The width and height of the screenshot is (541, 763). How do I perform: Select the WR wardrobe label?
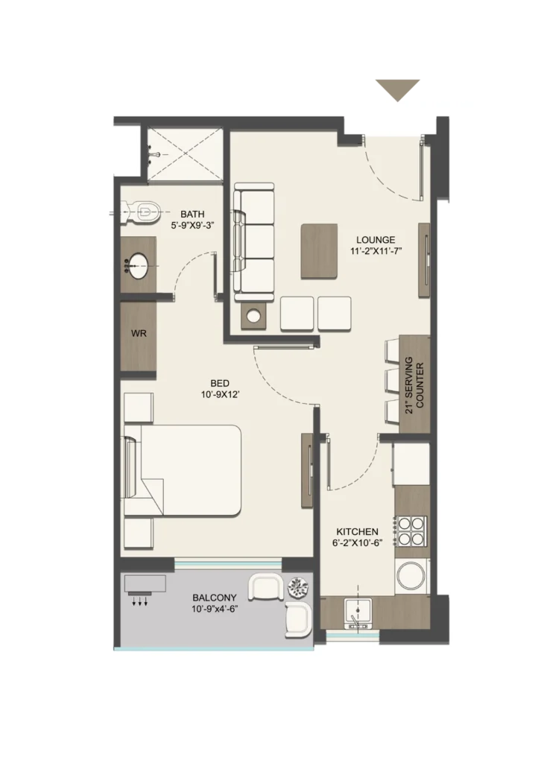pyautogui.click(x=139, y=334)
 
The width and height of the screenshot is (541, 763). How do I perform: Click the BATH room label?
pyautogui.click(x=193, y=214)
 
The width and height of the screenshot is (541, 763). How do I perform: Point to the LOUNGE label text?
pyautogui.click(x=376, y=240)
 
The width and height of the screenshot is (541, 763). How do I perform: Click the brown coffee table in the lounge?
pyautogui.click(x=319, y=251)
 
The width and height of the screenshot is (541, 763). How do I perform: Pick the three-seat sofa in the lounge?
pyautogui.click(x=253, y=242)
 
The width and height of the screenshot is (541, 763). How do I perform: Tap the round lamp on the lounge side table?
pyautogui.click(x=253, y=316)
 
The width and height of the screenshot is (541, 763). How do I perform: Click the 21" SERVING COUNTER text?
pyautogui.click(x=414, y=385)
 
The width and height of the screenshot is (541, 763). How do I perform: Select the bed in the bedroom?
pyautogui.click(x=183, y=471)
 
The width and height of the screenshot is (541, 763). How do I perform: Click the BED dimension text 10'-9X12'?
pyautogui.click(x=220, y=395)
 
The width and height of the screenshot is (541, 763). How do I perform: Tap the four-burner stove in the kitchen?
pyautogui.click(x=412, y=531)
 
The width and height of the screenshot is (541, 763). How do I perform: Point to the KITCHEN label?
pyautogui.click(x=358, y=532)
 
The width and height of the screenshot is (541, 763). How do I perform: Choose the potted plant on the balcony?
pyautogui.click(x=298, y=587)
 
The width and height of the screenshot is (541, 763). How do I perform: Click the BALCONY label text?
pyautogui.click(x=215, y=598)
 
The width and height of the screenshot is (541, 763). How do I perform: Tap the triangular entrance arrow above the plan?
pyautogui.click(x=397, y=90)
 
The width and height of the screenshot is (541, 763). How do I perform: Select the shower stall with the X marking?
pyautogui.click(x=185, y=153)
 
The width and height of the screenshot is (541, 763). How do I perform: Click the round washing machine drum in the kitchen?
pyautogui.click(x=411, y=576)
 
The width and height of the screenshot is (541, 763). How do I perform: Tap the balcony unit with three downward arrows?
pyautogui.click(x=145, y=589)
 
